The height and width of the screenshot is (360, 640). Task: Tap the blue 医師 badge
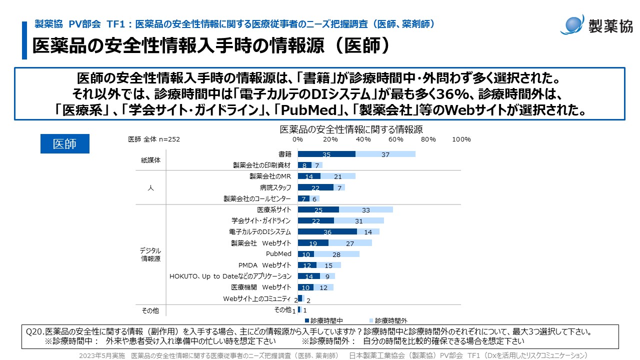(64, 144)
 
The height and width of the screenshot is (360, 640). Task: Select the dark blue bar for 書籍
(326, 154)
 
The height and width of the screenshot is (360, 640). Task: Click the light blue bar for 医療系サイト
(365, 209)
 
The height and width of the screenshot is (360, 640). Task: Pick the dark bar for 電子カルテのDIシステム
(327, 231)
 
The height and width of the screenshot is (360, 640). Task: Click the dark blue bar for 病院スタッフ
(315, 187)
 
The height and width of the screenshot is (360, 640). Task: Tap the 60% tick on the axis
(396, 139)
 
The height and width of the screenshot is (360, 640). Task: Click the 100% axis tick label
(461, 139)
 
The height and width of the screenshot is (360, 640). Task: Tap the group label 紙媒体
(150, 160)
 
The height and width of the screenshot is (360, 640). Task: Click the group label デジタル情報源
(150, 254)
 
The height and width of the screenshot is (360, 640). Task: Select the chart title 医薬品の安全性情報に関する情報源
(351, 129)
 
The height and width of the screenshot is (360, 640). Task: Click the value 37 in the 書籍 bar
(385, 155)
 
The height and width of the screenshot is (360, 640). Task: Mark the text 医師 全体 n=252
(154, 139)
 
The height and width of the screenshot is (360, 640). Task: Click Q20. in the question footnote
(34, 331)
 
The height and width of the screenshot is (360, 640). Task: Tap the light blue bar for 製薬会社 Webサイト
(350, 243)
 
